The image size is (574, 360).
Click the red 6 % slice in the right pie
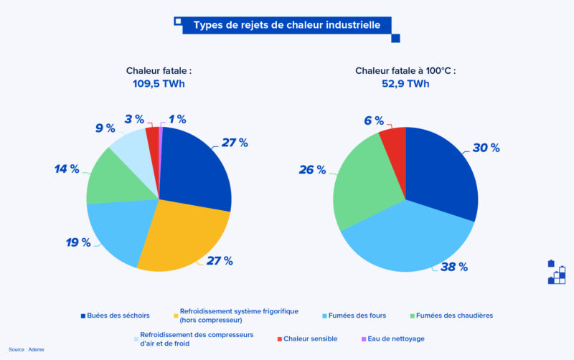395,146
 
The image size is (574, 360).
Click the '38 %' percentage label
454,267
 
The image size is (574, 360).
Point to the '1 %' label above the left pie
177,119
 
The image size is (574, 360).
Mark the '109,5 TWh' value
159,83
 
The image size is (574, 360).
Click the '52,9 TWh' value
405,83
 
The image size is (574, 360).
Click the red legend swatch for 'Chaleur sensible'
279,338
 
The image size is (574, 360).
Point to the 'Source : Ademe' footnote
27,349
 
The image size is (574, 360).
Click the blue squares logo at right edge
557,273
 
